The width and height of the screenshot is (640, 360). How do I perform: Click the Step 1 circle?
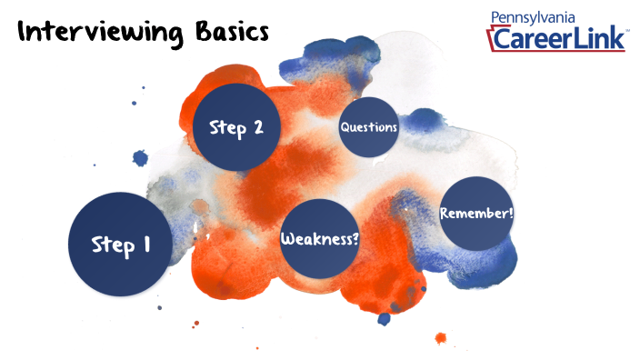point(121,244)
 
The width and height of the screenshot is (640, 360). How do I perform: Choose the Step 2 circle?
point(235,127)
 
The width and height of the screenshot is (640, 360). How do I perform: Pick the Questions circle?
point(369,127)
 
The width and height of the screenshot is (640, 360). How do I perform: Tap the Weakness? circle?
point(318,239)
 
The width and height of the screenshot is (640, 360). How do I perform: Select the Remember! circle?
point(476,214)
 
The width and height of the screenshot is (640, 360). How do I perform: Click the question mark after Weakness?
point(354,239)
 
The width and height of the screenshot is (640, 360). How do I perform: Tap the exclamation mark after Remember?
point(511,213)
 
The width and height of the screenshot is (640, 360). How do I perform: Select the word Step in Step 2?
point(226,127)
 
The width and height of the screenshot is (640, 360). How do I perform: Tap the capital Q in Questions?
point(345,127)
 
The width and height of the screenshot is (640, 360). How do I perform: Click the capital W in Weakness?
point(286,239)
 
